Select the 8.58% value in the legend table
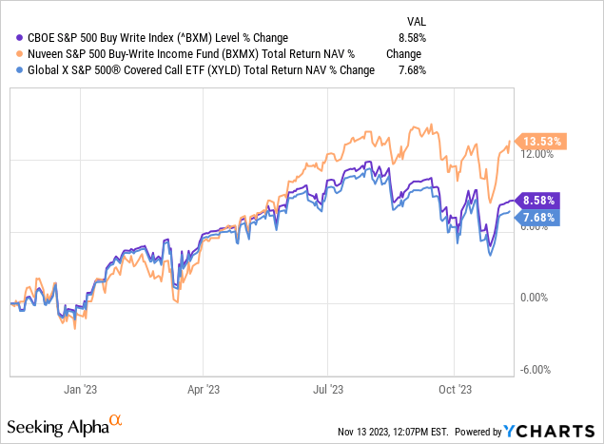pos(412,37)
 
